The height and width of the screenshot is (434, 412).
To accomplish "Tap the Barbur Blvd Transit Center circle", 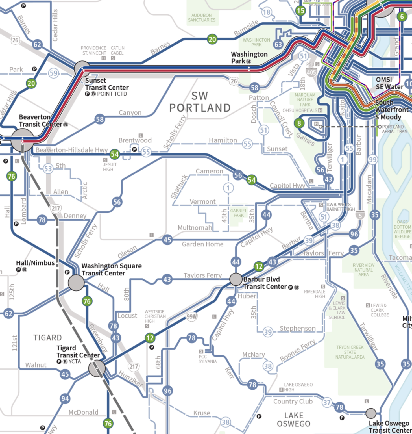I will click(236, 279).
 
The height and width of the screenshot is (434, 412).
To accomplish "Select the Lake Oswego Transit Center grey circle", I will click(371, 413).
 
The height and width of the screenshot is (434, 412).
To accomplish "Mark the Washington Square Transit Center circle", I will click(76, 283).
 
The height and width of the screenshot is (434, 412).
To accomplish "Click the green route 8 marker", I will click(299, 123).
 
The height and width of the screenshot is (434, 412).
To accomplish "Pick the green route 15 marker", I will click(300, 11).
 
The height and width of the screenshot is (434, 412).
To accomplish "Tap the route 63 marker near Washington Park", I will click(278, 45).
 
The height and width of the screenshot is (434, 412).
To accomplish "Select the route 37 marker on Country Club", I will click(327, 402).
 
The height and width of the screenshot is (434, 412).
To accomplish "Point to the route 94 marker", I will click(65, 399).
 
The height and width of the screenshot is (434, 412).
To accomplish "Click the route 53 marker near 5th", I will click(48, 169).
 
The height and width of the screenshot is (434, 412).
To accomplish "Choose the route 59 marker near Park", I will click(53, 73).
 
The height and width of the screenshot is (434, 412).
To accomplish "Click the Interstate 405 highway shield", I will click(311, 72).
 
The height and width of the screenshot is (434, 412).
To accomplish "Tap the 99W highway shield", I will click(191, 317).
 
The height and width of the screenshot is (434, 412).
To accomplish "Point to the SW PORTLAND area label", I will click(200, 102).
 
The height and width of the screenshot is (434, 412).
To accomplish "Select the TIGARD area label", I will click(47, 338).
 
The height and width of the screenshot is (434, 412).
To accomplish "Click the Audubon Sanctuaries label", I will click(202, 18).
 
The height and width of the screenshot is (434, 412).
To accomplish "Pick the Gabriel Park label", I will click(239, 213).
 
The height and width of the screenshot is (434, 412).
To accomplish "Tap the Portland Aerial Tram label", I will click(394, 129).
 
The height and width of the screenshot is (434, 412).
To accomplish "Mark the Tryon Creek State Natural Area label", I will click(350, 352).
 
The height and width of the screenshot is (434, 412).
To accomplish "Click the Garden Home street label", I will click(202, 244).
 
